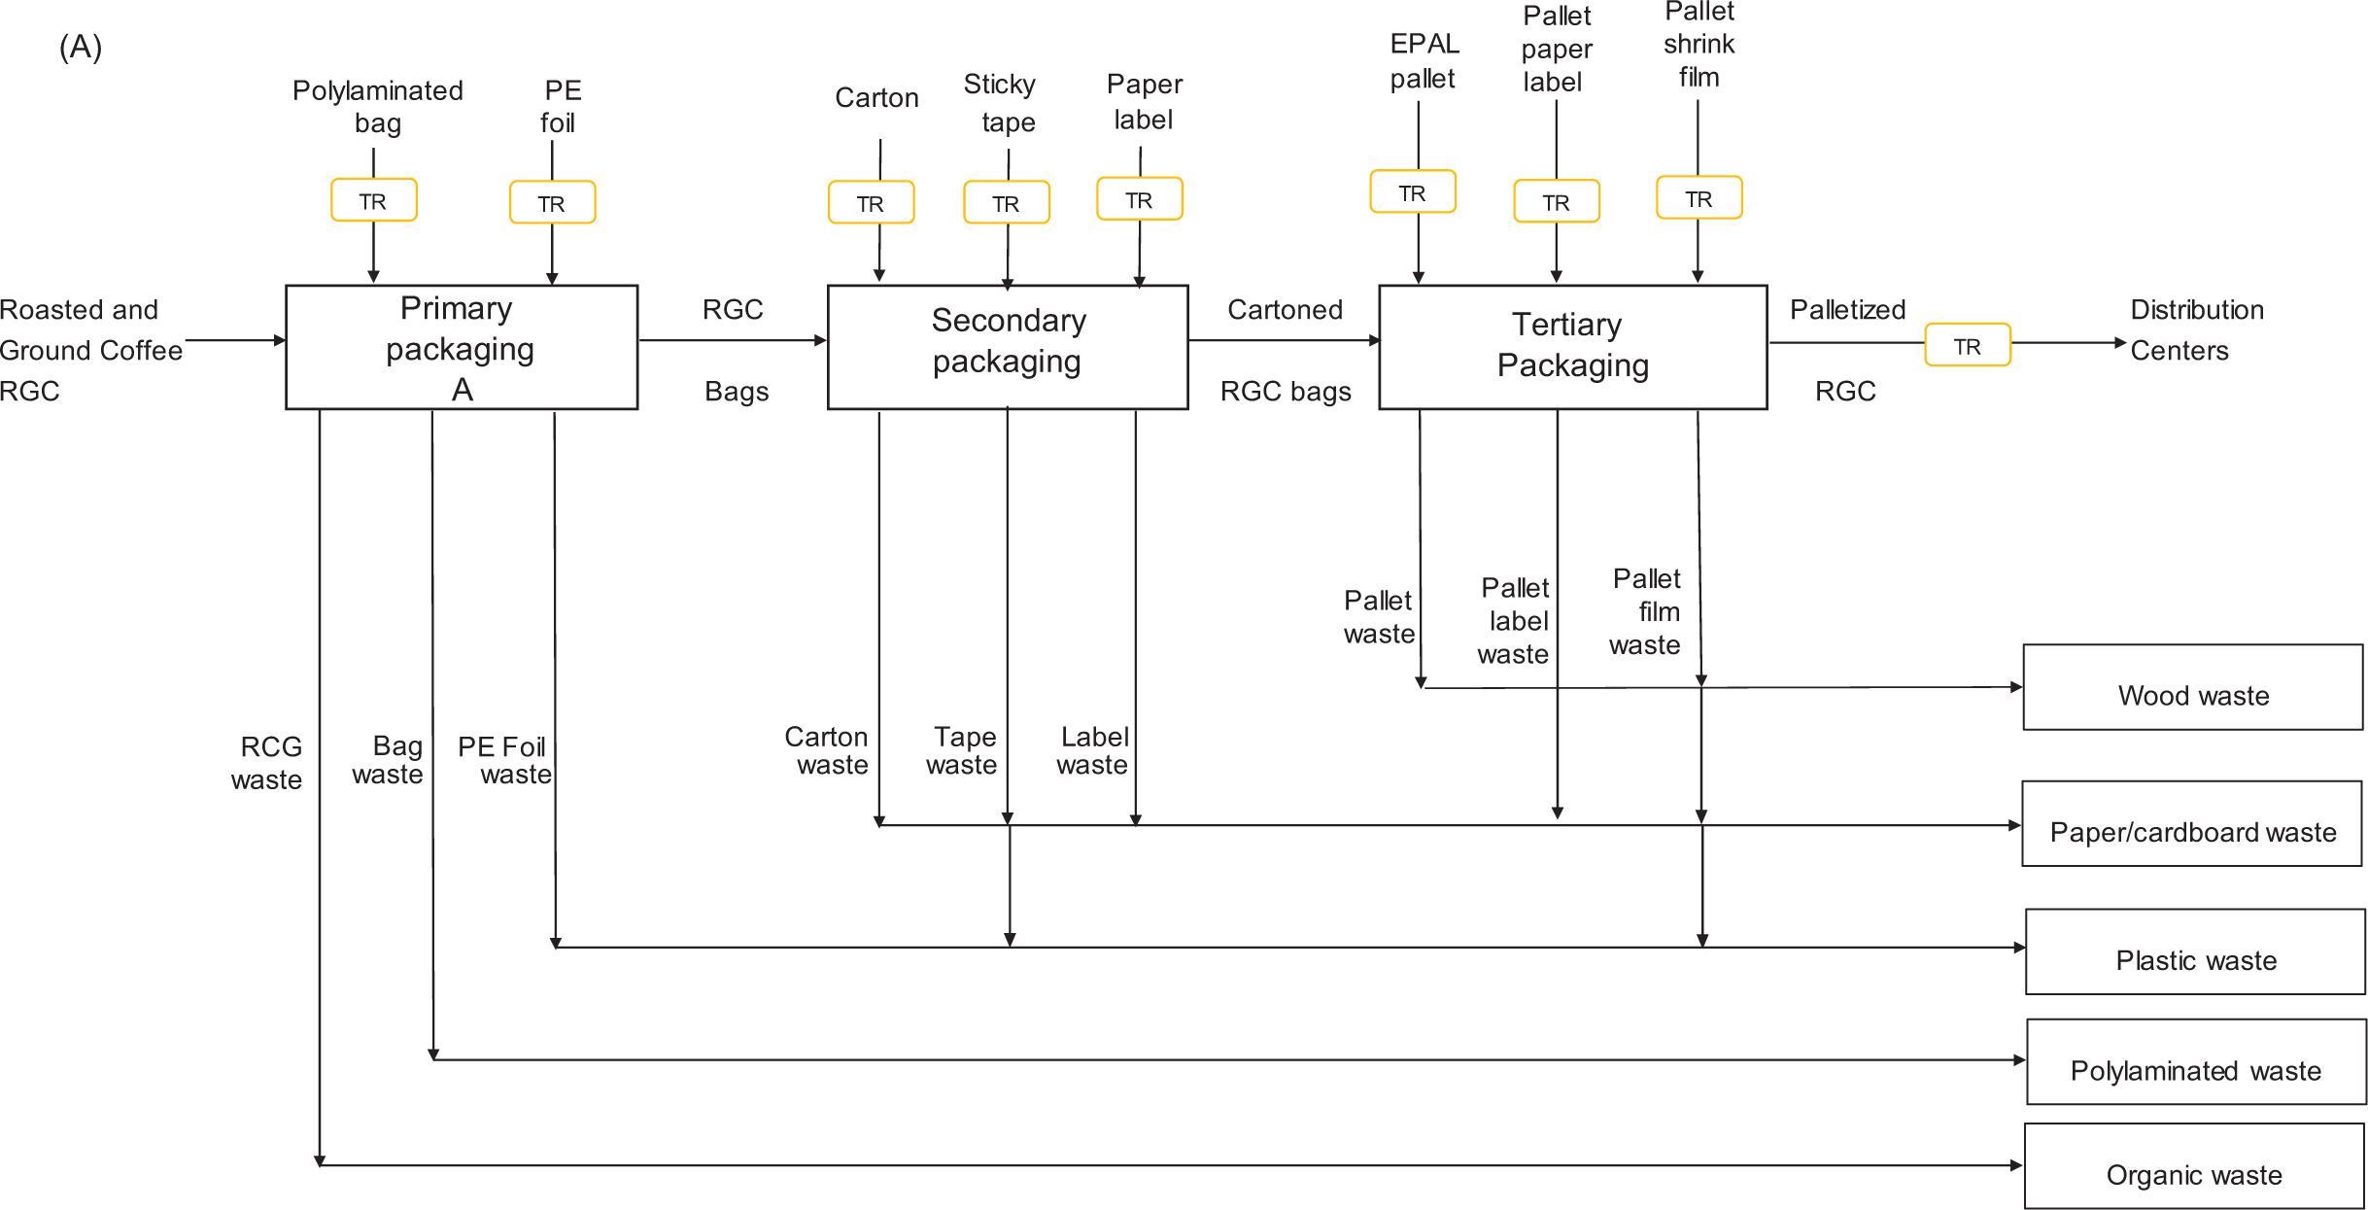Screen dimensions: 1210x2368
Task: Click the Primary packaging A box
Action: [462, 347]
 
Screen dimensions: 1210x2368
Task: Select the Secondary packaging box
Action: [1008, 347]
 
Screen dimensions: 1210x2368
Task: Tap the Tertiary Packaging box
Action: [1572, 347]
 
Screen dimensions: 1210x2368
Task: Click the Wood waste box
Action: [2193, 687]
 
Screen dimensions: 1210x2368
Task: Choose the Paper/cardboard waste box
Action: [2192, 824]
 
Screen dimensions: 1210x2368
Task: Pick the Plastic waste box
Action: [2195, 952]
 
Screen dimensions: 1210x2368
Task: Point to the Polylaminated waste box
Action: [2196, 1062]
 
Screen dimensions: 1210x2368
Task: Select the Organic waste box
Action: [2194, 1167]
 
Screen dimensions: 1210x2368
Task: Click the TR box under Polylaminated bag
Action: [374, 200]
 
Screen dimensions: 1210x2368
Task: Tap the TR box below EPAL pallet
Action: [1413, 192]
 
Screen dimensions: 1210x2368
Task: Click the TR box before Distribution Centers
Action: [1968, 346]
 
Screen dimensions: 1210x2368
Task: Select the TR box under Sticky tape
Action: [1007, 203]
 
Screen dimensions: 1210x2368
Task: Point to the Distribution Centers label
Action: [2196, 330]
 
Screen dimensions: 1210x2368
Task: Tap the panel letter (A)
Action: [81, 47]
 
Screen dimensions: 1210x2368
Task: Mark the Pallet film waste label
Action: [1645, 612]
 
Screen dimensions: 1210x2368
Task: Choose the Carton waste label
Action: [827, 751]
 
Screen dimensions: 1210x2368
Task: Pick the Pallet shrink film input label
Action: [1699, 45]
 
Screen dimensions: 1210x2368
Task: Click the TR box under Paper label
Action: [1140, 199]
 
